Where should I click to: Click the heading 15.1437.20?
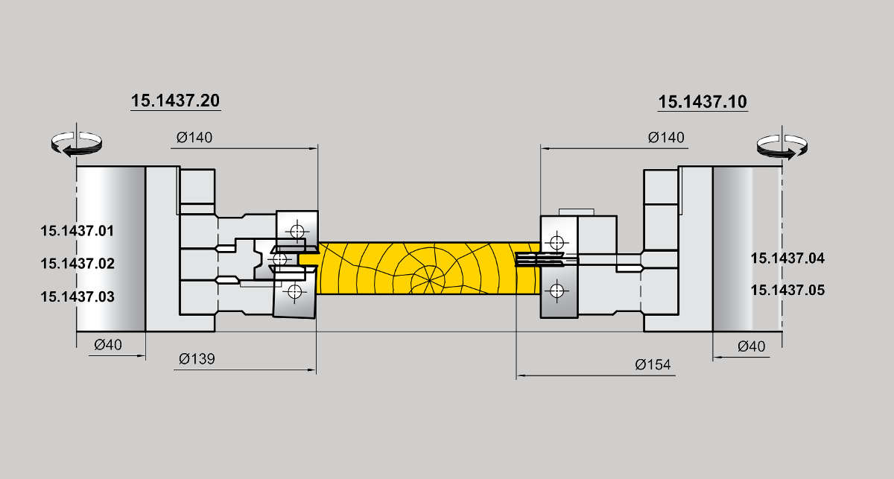point(175,101)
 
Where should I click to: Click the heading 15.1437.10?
point(703,102)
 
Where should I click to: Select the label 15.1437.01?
point(77,231)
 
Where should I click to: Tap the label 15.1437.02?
point(77,264)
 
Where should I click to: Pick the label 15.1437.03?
point(77,296)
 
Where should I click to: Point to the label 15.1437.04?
point(787,258)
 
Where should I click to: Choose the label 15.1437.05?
point(787,291)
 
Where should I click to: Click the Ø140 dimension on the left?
point(194,138)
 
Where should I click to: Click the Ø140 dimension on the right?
point(666,138)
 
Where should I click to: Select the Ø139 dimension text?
point(197,359)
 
